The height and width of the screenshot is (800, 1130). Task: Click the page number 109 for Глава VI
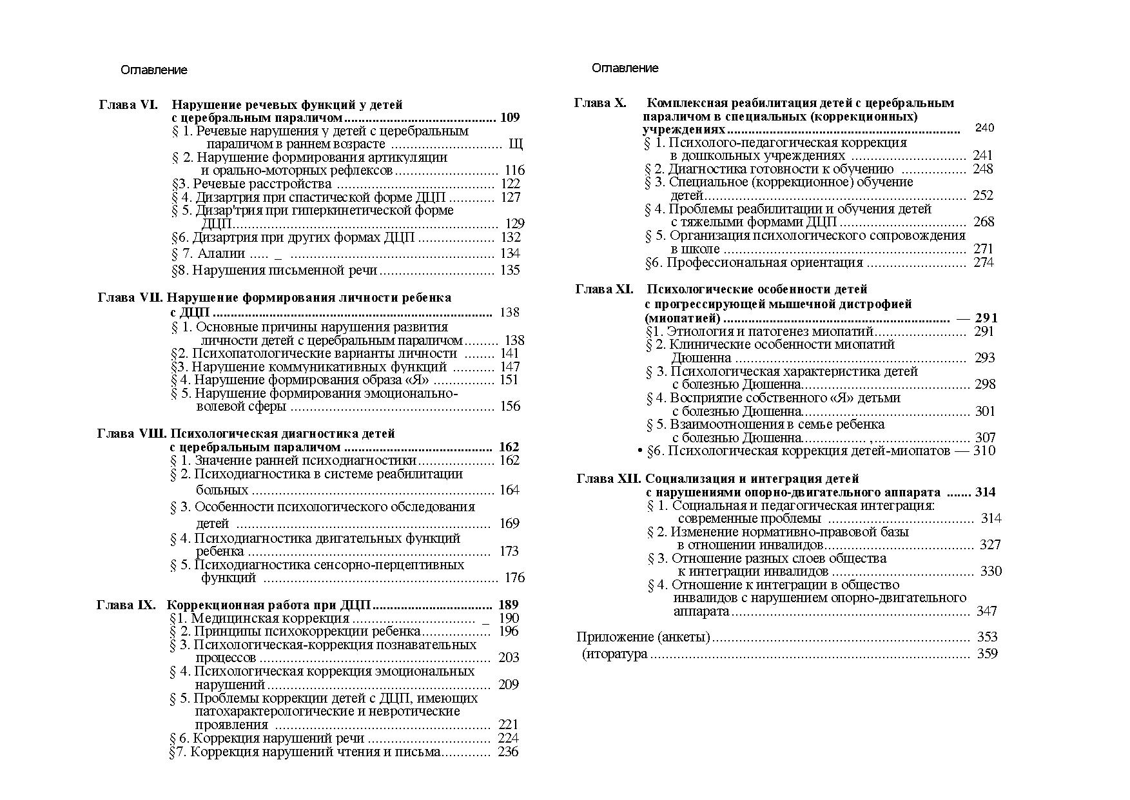point(509,118)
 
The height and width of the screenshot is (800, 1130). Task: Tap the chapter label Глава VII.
point(132,298)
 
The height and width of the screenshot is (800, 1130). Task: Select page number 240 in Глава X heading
point(984,128)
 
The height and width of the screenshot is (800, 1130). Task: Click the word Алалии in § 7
point(221,254)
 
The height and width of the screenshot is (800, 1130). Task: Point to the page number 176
point(514,578)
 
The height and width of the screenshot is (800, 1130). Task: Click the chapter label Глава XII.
point(609,479)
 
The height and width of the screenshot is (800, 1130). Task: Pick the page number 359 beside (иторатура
point(987,654)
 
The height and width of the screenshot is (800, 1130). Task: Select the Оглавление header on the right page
point(625,68)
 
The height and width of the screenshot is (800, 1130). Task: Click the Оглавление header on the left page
point(153,70)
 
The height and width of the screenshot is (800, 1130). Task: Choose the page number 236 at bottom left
point(508,752)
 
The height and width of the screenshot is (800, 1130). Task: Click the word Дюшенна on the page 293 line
point(701,358)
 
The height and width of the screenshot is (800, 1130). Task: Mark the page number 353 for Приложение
point(987,638)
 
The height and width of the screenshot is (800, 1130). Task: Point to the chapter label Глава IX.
point(126,605)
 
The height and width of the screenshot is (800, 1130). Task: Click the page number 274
point(983,263)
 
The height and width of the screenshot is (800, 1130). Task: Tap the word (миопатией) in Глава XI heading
point(682,318)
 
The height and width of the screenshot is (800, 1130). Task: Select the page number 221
point(508,725)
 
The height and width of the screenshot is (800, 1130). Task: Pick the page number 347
point(986,611)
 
